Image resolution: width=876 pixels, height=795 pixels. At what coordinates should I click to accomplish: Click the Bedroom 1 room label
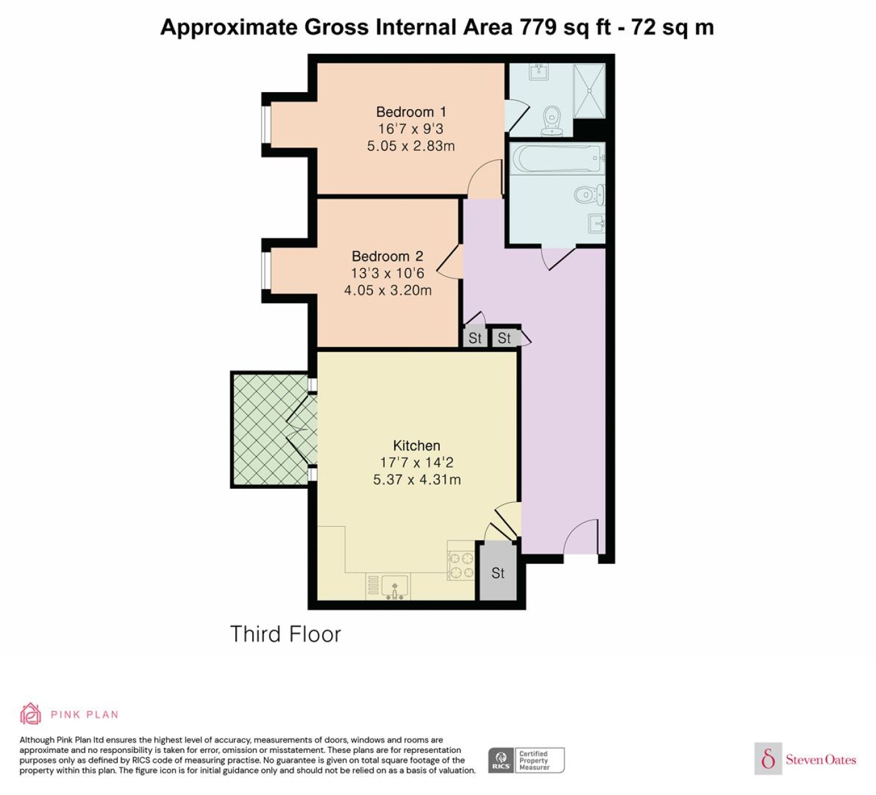pyautogui.click(x=411, y=112)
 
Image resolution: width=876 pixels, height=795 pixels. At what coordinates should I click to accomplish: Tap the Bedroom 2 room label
pyautogui.click(x=387, y=256)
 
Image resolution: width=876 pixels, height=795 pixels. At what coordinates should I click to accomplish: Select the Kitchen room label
pyautogui.click(x=417, y=445)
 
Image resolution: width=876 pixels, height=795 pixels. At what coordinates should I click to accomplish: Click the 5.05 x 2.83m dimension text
pyautogui.click(x=411, y=145)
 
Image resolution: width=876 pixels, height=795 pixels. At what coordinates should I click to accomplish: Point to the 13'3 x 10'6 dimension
pyautogui.click(x=387, y=273)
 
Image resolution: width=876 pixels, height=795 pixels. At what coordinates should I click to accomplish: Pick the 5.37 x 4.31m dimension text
pyautogui.click(x=417, y=480)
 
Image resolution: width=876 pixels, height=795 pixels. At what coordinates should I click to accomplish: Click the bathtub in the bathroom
pyautogui.click(x=558, y=158)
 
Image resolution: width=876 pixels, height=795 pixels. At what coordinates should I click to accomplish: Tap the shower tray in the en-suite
pyautogui.click(x=589, y=91)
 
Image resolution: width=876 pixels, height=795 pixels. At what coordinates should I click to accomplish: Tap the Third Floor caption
pyautogui.click(x=285, y=634)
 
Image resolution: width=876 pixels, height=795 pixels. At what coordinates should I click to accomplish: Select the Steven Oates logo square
pyautogui.click(x=768, y=759)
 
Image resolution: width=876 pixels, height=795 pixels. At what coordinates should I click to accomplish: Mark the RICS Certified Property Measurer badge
pyautogui.click(x=526, y=761)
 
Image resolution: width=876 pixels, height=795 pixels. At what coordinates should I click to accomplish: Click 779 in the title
pyautogui.click(x=537, y=27)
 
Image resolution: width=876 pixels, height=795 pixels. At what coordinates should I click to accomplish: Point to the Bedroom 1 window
pyautogui.click(x=266, y=124)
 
